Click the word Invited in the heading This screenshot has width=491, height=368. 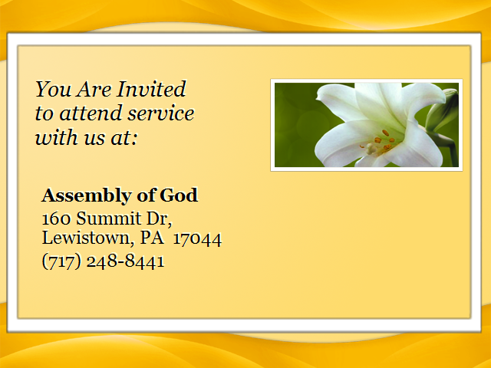(152, 89)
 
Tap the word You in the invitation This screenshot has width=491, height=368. (53, 89)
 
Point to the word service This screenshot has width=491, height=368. (161, 113)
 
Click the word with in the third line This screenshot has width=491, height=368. (57, 137)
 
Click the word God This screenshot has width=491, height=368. (179, 195)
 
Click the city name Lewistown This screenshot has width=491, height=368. (86, 238)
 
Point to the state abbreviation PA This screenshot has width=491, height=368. (152, 238)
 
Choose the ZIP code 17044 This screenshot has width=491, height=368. (198, 239)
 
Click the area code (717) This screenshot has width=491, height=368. (61, 261)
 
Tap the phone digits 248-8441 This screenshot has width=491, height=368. (125, 261)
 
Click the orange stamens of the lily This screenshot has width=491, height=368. (384, 140)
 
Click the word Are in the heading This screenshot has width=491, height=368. (94, 89)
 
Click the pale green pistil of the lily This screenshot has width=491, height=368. (371, 148)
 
